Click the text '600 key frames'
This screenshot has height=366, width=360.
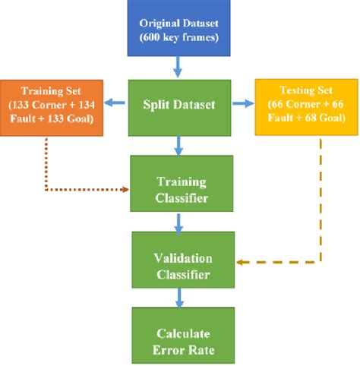178,36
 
